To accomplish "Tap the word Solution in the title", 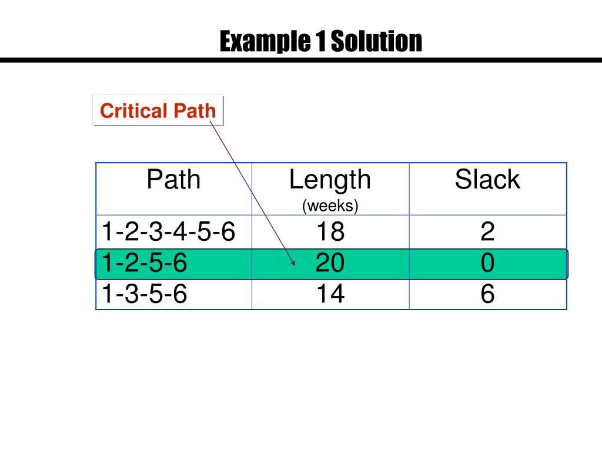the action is pos(376,42).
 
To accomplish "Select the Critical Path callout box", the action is pos(158,110).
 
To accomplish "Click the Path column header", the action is pos(173,180).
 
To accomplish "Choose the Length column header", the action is pos(330,180).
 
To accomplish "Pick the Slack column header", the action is pos(487,180).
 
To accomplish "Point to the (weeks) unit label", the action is pos(330,206).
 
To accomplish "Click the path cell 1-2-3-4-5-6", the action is pos(168,233).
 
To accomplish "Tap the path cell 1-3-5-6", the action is pos(145,294).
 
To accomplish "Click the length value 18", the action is pos(330,233).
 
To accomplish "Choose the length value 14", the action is pos(330,294).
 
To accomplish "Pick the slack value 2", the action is pos(487,233).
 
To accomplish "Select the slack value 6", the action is pos(487,294).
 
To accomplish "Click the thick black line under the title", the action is pos(301,60).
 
